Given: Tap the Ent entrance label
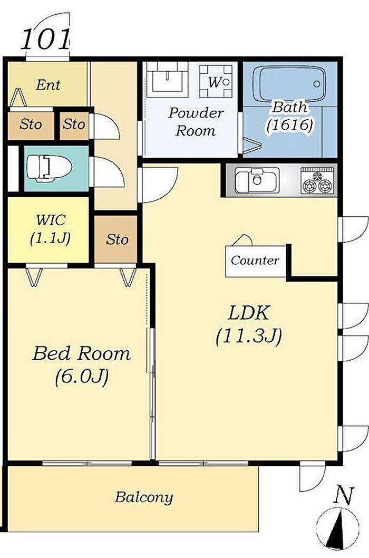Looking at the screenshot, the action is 48,85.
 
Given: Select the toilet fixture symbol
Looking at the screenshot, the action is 50,168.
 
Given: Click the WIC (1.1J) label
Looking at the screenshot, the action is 50,229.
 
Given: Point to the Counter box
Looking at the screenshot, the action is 255,261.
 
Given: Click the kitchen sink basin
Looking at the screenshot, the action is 257,180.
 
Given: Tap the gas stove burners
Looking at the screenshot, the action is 317,181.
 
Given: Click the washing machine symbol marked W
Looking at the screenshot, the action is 216,82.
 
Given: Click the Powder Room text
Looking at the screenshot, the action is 196,122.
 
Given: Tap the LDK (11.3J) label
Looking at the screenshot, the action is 249,324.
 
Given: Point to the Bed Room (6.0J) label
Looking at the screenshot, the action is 82,365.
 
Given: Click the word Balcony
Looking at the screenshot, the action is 144,497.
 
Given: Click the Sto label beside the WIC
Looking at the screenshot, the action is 117,239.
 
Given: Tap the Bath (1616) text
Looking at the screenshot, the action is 290,116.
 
